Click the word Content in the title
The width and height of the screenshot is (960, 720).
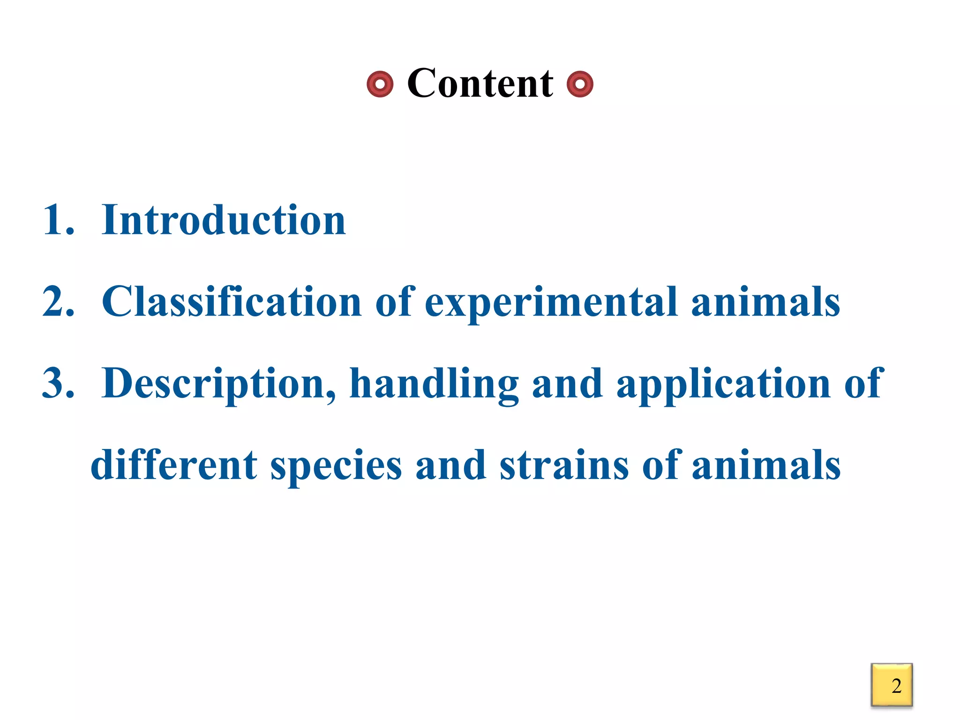pyautogui.click(x=480, y=83)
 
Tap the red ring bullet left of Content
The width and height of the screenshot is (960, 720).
pyautogui.click(x=380, y=84)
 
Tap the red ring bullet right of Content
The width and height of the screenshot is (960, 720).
pyautogui.click(x=580, y=84)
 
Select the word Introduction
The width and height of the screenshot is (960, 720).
pyautogui.click(x=224, y=220)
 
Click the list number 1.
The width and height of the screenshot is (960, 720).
pyautogui.click(x=57, y=220)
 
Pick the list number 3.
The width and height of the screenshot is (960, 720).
pyautogui.click(x=57, y=383)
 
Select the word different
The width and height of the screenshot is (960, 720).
pyautogui.click(x=174, y=465)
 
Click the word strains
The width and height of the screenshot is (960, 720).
pyautogui.click(x=564, y=465)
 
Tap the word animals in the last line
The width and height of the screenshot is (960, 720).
pyautogui.click(x=766, y=465)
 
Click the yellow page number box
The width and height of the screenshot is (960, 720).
pyautogui.click(x=892, y=685)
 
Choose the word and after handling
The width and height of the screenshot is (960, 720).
pyautogui.click(x=567, y=383)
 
